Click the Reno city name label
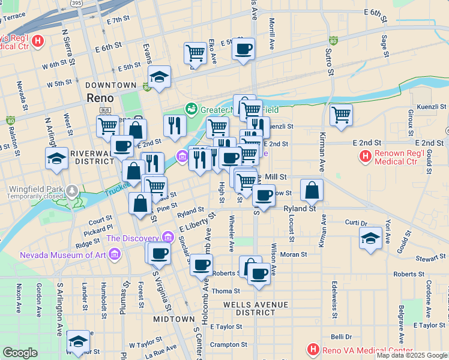(100, 97)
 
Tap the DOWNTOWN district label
(110, 85)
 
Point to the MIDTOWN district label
(173, 319)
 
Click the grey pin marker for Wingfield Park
(73, 190)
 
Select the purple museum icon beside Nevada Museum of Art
(116, 255)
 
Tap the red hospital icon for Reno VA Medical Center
(312, 349)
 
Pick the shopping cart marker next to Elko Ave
(196, 53)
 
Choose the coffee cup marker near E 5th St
(243, 49)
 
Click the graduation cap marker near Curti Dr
(371, 238)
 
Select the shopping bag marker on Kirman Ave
(312, 190)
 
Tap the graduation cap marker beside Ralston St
(56, 158)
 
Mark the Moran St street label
(294, 254)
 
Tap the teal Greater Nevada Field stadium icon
(191, 109)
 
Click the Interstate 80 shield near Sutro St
(333, 41)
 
